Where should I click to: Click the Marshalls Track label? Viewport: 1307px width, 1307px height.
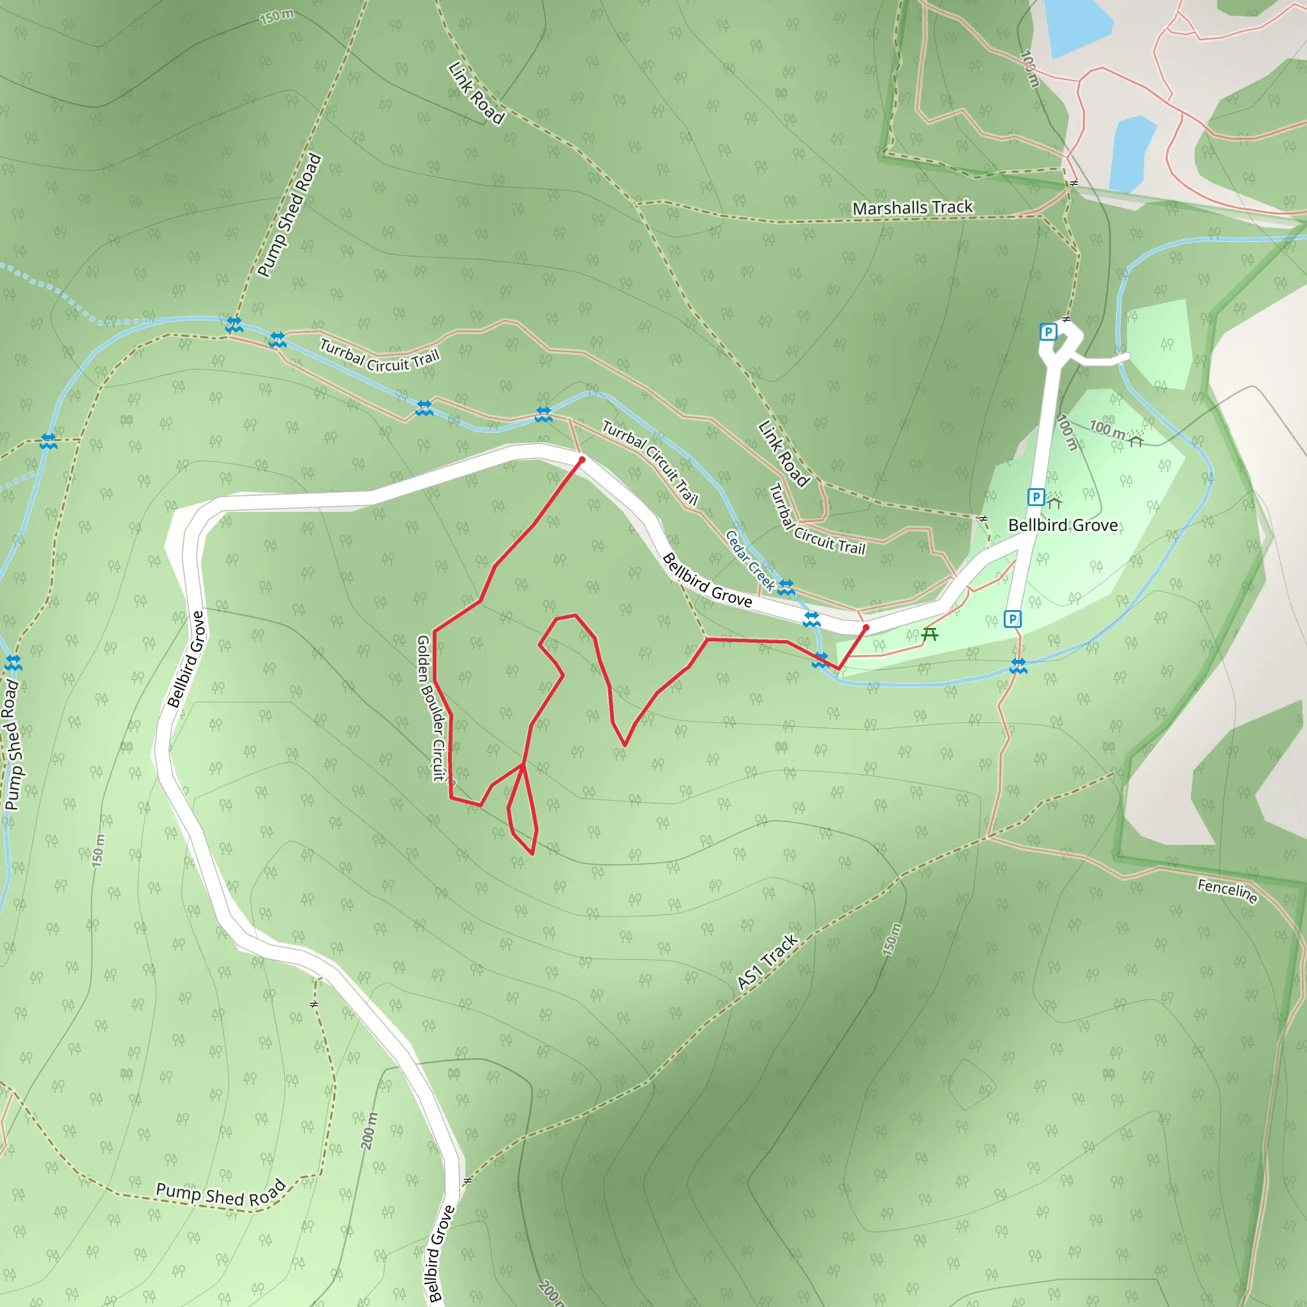(x=912, y=207)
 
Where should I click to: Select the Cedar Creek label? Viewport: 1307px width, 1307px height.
(x=750, y=560)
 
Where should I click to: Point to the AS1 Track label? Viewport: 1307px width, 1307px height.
(x=767, y=962)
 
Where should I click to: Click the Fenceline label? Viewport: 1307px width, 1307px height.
(x=1227, y=891)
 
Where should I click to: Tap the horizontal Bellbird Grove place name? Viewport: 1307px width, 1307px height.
(x=1062, y=526)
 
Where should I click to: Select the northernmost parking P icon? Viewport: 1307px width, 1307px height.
(x=1048, y=332)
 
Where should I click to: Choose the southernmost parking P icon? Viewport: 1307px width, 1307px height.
(x=1012, y=619)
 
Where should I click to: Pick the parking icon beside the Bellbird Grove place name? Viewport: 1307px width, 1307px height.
(x=1036, y=497)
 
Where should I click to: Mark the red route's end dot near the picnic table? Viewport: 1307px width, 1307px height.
(x=866, y=628)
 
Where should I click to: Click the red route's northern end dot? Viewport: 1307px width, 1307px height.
(x=582, y=460)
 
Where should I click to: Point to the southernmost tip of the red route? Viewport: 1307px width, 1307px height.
(x=532, y=855)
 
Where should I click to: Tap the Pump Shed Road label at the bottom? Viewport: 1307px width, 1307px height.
(x=221, y=1195)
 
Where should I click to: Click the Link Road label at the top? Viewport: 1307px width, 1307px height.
(x=476, y=93)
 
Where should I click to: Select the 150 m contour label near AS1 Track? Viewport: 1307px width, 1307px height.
(x=892, y=939)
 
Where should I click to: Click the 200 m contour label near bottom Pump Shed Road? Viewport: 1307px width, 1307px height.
(x=369, y=1130)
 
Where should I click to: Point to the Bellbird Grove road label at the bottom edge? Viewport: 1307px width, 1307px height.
(x=441, y=1253)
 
